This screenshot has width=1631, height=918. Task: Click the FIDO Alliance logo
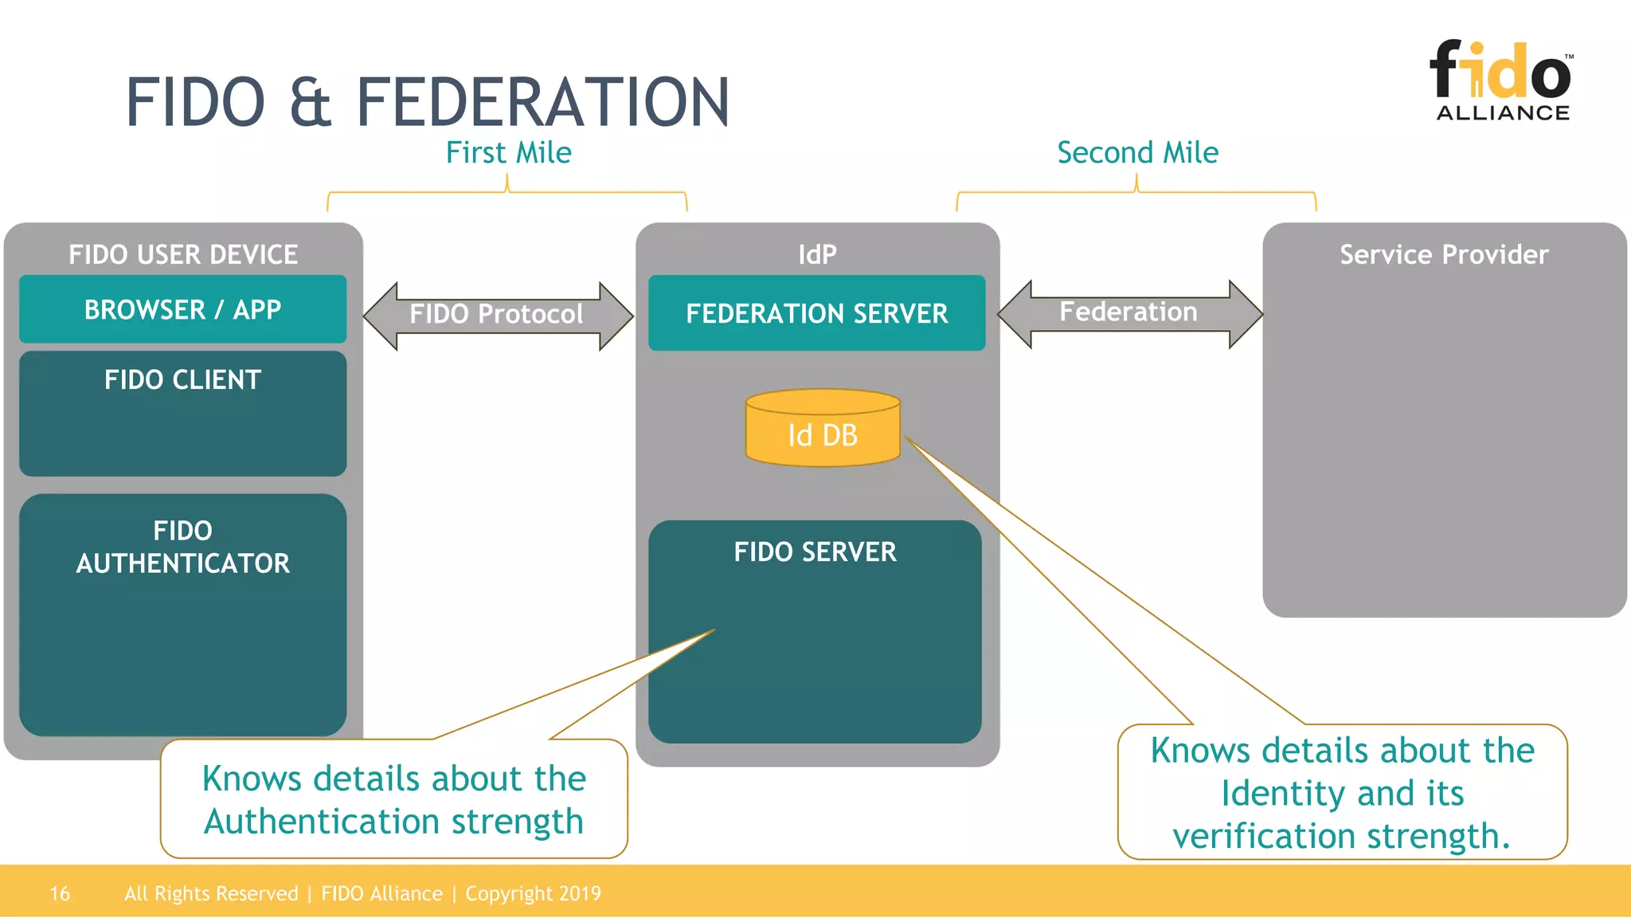click(1501, 80)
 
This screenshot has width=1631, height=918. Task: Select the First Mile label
click(508, 152)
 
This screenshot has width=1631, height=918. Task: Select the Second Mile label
click(1137, 152)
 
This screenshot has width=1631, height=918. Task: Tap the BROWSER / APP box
click(182, 309)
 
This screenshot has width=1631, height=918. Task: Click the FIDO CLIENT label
click(182, 379)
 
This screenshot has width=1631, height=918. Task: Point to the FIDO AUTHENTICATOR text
click(182, 547)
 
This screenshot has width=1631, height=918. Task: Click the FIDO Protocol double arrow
click(497, 315)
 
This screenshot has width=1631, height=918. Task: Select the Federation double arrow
click(1128, 312)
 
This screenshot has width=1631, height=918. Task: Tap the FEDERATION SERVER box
click(816, 313)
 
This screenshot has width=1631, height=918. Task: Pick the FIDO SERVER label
click(815, 551)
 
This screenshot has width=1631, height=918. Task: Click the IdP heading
click(817, 254)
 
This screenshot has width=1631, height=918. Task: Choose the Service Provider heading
click(1444, 254)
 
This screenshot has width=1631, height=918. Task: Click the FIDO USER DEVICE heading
click(182, 254)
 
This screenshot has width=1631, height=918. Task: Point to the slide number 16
click(60, 893)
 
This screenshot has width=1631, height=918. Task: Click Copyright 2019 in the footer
click(533, 893)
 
